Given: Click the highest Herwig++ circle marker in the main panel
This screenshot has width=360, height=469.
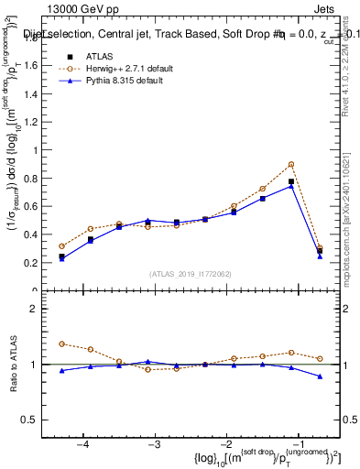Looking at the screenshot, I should (291, 164).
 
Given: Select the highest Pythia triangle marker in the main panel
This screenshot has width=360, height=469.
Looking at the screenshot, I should (291, 186).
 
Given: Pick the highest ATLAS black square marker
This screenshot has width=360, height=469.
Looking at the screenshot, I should (291, 181).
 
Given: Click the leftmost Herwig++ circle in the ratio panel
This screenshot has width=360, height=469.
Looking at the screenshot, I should (62, 344).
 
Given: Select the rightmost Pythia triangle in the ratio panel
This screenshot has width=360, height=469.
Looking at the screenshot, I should (320, 376).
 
